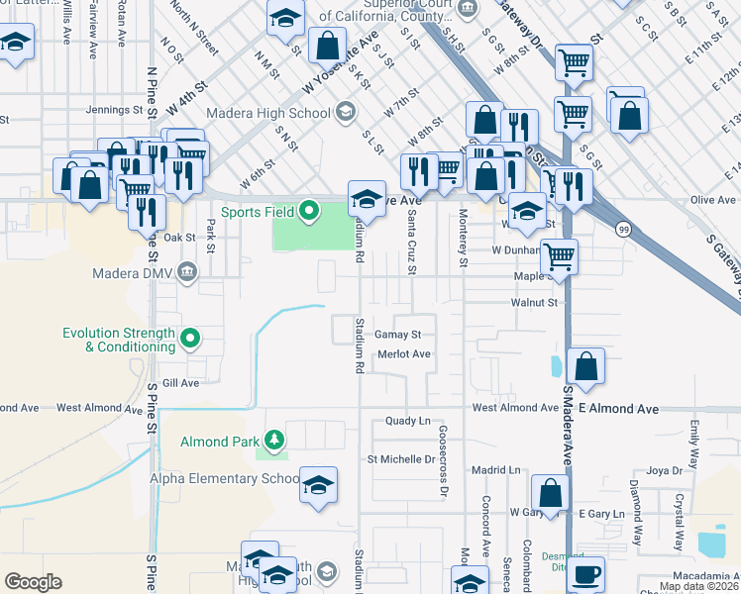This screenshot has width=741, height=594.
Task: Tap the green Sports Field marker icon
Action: (x=309, y=210)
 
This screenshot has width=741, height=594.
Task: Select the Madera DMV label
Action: (x=132, y=273)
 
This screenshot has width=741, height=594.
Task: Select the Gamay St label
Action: (x=398, y=335)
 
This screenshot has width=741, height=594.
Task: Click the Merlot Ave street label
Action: (x=402, y=353)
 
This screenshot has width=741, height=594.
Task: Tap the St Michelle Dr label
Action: (x=401, y=459)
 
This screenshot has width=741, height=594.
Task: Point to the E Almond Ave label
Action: (x=619, y=408)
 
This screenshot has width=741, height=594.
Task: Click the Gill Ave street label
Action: (x=181, y=382)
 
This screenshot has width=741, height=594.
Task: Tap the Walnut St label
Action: (x=535, y=302)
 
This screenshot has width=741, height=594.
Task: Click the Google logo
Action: (x=33, y=582)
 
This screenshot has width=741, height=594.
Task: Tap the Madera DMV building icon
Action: (x=185, y=273)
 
